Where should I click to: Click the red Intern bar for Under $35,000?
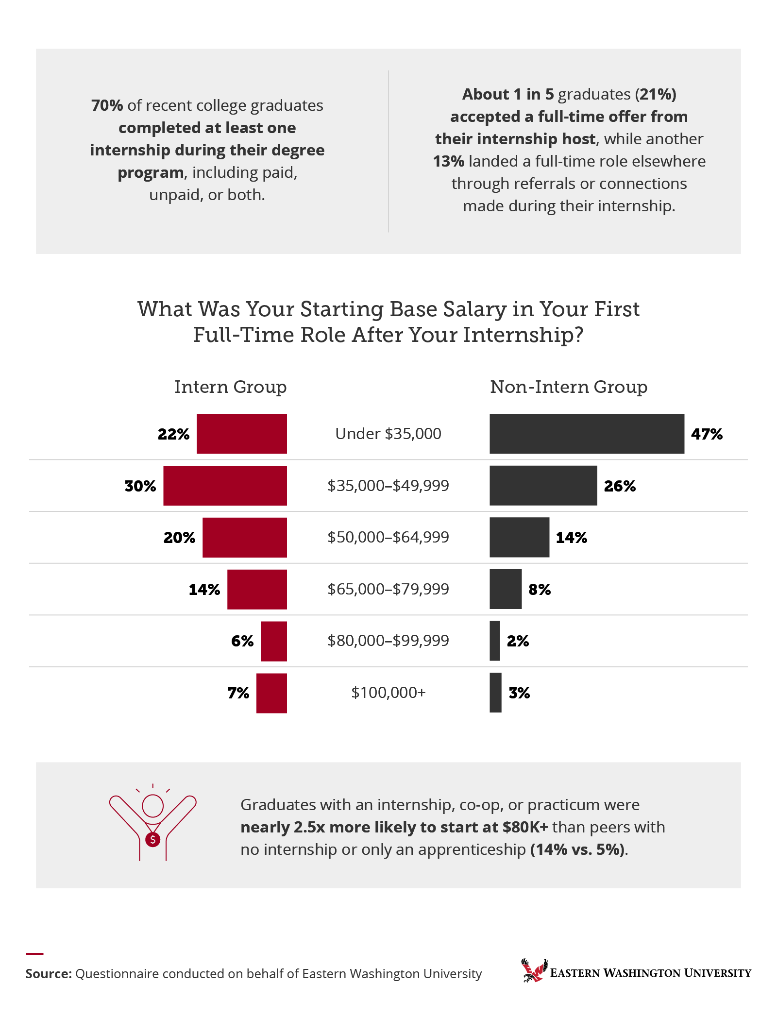click(241, 434)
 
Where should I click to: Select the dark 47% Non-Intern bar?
click(587, 434)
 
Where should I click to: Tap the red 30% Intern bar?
click(225, 486)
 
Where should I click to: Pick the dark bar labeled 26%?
click(543, 486)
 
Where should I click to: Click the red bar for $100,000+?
click(271, 693)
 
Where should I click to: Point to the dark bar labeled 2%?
click(495, 641)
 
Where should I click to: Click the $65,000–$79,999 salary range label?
click(388, 589)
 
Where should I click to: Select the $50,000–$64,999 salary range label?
click(388, 537)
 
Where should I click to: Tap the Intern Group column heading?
click(230, 387)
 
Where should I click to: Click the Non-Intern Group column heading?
click(568, 387)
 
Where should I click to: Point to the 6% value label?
click(242, 641)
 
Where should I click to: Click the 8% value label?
click(540, 590)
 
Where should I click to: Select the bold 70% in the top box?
click(107, 105)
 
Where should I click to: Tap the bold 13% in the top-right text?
click(448, 161)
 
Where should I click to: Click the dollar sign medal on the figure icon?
click(153, 839)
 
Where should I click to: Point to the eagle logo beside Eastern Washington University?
click(534, 970)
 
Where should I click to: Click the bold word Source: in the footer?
click(49, 974)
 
